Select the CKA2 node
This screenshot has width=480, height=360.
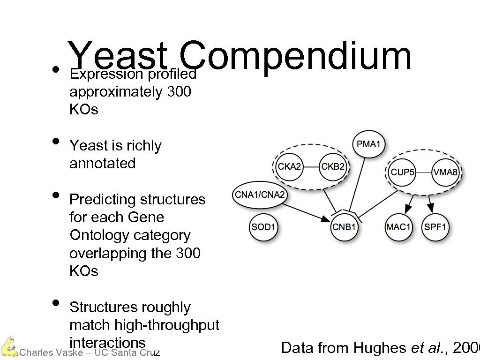pyautogui.click(x=289, y=167)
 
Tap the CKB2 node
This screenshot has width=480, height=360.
pyautogui.click(x=333, y=167)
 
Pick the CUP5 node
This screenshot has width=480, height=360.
pyautogui.click(x=403, y=172)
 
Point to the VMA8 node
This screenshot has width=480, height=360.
pyautogui.click(x=445, y=172)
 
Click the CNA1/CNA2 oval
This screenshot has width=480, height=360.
pyautogui.click(x=260, y=195)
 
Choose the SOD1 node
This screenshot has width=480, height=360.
pyautogui.click(x=263, y=227)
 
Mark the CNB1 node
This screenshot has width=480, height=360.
pyautogui.click(x=345, y=227)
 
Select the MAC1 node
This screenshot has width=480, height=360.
pyautogui.click(x=398, y=227)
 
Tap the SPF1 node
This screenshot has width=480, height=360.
pyautogui.click(x=436, y=227)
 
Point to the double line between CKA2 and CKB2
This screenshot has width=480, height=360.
pyautogui.click(x=311, y=167)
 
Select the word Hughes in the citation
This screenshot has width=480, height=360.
pyautogui.click(x=379, y=348)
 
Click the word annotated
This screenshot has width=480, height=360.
pyautogui.click(x=102, y=164)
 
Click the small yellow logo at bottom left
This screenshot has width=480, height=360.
pyautogui.click(x=8, y=346)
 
